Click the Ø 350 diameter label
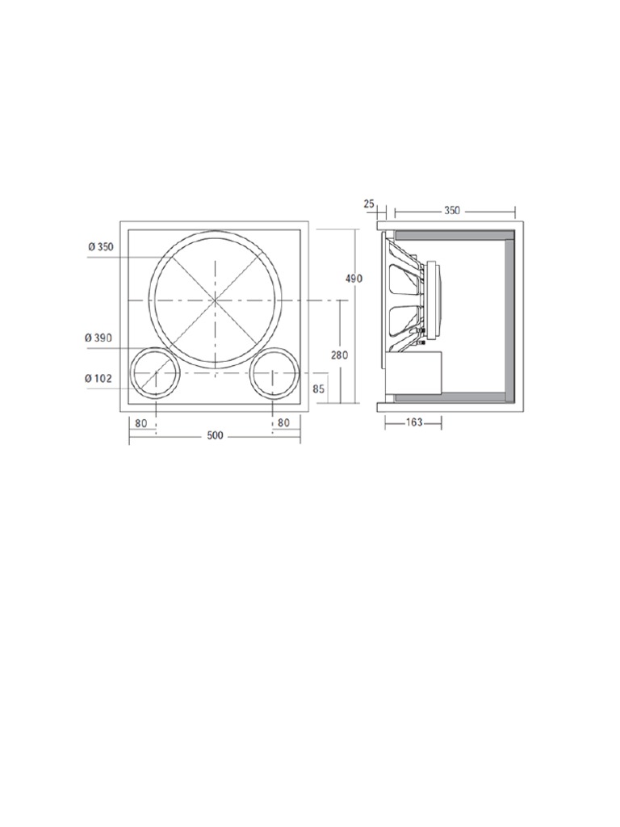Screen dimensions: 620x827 (101, 247)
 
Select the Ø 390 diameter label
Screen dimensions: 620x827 (98, 338)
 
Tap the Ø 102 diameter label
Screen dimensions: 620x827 (98, 378)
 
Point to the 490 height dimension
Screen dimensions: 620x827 (354, 278)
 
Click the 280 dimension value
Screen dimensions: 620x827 (340, 355)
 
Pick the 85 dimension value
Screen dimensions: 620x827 (318, 389)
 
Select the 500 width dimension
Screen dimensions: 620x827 (215, 435)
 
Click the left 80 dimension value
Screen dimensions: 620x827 (141, 422)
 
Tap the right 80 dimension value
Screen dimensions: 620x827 (283, 422)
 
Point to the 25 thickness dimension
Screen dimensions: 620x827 (370, 203)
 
